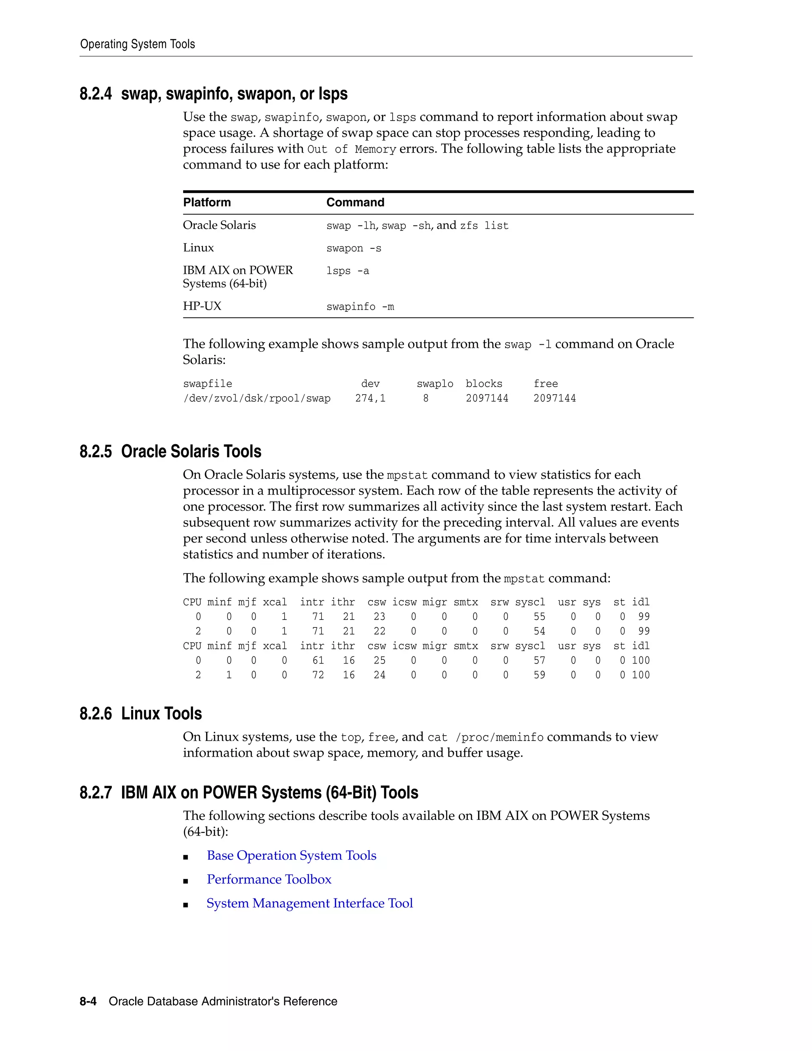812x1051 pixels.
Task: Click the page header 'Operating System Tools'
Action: click(138, 44)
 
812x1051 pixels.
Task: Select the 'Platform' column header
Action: click(207, 202)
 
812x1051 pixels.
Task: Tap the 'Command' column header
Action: click(355, 202)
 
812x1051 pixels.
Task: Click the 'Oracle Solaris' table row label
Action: click(219, 225)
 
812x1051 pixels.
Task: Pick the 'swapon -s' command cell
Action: click(354, 248)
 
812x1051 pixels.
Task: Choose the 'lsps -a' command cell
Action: click(347, 271)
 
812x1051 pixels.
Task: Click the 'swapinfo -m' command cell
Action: click(360, 307)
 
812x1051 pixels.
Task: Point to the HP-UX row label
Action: click(202, 306)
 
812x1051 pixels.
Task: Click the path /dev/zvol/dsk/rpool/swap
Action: click(257, 399)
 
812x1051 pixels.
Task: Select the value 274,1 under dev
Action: click(370, 399)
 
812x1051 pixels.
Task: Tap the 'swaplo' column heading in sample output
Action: click(435, 384)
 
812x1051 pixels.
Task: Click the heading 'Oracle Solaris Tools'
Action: click(191, 451)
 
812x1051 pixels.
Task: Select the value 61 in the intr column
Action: click(318, 661)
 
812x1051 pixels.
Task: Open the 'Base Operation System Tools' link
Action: click(291, 855)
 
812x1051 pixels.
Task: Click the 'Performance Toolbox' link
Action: click(269, 880)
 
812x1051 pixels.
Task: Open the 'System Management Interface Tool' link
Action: click(310, 903)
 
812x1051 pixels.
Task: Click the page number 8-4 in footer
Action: click(88, 1001)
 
